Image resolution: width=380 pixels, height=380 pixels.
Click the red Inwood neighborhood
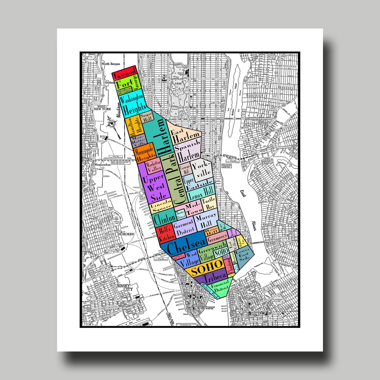point(125,74)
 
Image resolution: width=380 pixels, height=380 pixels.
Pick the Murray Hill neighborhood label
point(207,221)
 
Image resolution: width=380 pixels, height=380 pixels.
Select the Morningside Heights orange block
point(144,152)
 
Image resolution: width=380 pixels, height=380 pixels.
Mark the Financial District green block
point(220,287)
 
